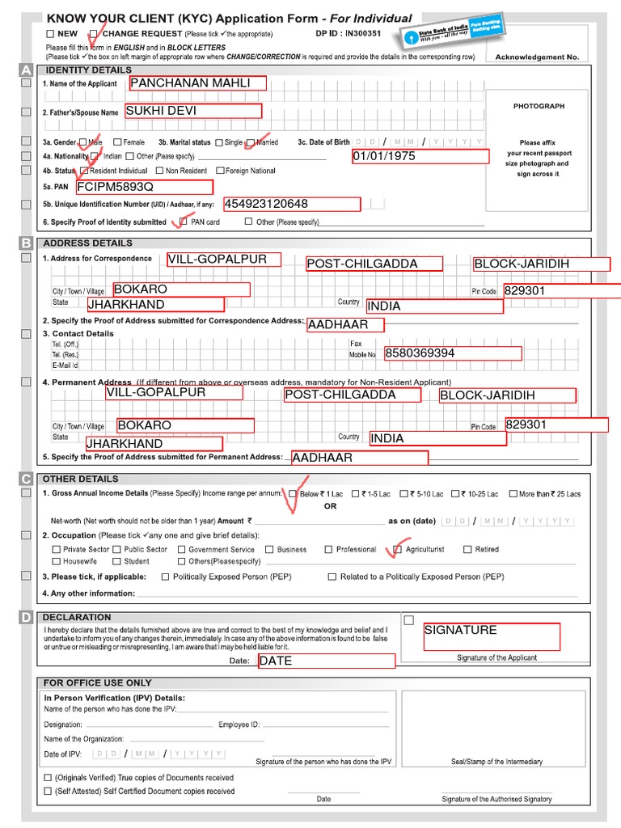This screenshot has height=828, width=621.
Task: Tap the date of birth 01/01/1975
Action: pyautogui.click(x=420, y=156)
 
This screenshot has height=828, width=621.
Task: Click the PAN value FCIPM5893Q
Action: pyautogui.click(x=143, y=187)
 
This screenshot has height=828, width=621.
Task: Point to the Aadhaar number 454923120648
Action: pyautogui.click(x=291, y=204)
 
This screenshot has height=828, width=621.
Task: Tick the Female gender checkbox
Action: pyautogui.click(x=117, y=142)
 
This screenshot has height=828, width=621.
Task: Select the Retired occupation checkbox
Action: pyautogui.click(x=467, y=550)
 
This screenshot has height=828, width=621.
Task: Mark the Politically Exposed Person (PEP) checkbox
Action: pyautogui.click(x=166, y=577)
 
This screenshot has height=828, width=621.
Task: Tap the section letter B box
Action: pyautogui.click(x=26, y=243)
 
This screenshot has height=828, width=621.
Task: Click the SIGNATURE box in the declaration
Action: pyautogui.click(x=492, y=636)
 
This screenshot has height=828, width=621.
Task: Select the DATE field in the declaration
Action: pyautogui.click(x=326, y=661)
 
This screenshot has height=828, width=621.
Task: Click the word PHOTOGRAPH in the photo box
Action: pyautogui.click(x=539, y=106)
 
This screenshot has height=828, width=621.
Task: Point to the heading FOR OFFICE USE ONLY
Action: pyautogui.click(x=97, y=682)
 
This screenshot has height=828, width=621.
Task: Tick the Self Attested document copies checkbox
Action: pyautogui.click(x=48, y=792)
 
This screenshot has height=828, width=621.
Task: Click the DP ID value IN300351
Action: pyautogui.click(x=363, y=34)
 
